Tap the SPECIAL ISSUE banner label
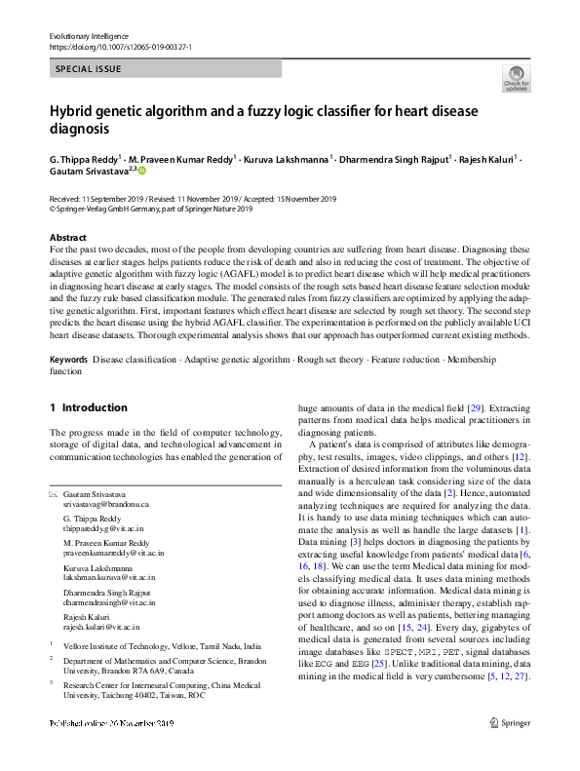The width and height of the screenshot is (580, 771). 89,69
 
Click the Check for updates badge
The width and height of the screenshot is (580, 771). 517,79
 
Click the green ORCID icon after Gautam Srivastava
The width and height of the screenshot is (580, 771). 141,171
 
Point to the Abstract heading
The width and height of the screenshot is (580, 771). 69,237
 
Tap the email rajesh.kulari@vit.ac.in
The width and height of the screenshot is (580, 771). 101,628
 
